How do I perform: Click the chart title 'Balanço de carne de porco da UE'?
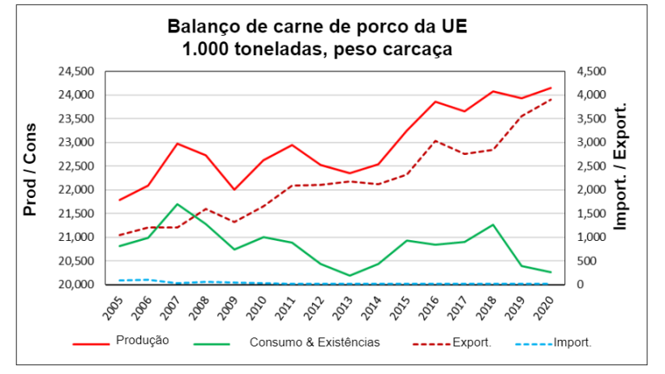(x=317, y=26)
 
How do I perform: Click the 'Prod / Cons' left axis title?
(x=30, y=170)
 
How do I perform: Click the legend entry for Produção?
(x=142, y=341)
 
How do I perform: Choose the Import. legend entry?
(x=573, y=342)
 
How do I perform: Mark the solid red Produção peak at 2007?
(x=178, y=144)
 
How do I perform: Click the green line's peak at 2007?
(x=178, y=204)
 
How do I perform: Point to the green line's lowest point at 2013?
(x=350, y=276)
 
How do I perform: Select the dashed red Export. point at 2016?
(x=435, y=140)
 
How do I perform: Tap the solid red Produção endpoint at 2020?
(x=550, y=88)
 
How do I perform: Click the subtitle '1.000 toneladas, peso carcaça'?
(x=317, y=49)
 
